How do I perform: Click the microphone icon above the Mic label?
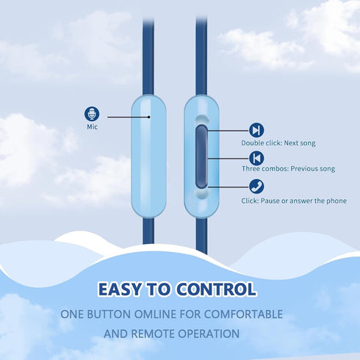click(x=92, y=114)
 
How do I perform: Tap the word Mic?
click(x=93, y=127)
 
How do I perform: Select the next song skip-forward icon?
click(x=256, y=130)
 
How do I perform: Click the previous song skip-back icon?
click(x=256, y=158)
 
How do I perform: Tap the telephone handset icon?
click(x=256, y=187)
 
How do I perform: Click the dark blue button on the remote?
click(x=201, y=156)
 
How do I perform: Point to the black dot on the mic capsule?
click(x=149, y=117)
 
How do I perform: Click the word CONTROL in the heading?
click(x=217, y=289)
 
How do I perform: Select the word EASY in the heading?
click(x=119, y=289)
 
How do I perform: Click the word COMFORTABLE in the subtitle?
click(x=243, y=314)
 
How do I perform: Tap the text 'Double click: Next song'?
click(x=278, y=143)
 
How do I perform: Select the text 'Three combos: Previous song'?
click(x=288, y=169)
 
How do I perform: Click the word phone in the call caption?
click(x=336, y=201)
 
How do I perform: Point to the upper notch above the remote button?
click(x=201, y=119)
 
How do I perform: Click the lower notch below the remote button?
click(x=202, y=194)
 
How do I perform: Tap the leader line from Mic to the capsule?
click(x=128, y=117)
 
